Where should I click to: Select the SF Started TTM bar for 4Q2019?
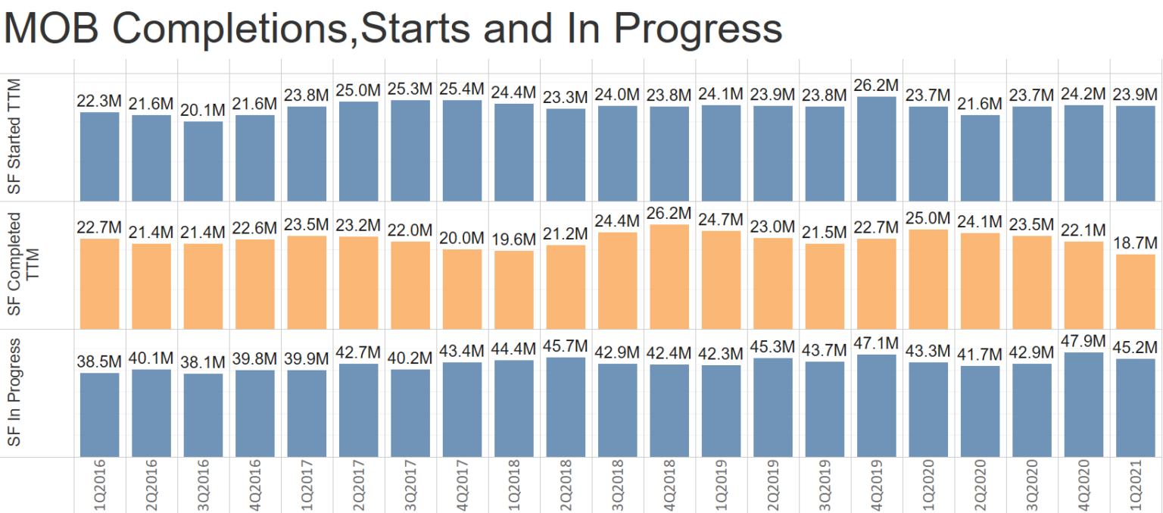click(876, 149)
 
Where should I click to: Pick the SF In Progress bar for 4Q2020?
click(1083, 405)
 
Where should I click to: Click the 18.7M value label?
click(1135, 243)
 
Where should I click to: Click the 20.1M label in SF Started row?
click(203, 110)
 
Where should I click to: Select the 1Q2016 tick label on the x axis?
click(100, 485)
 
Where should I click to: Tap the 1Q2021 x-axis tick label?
click(1135, 485)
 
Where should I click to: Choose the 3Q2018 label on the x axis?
click(617, 485)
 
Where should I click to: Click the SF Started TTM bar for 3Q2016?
click(203, 161)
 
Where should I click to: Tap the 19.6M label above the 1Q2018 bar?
click(513, 239)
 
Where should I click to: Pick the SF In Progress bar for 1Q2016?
click(100, 414)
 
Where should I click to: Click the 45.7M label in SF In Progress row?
click(566, 346)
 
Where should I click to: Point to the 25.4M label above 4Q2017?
click(462, 89)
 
